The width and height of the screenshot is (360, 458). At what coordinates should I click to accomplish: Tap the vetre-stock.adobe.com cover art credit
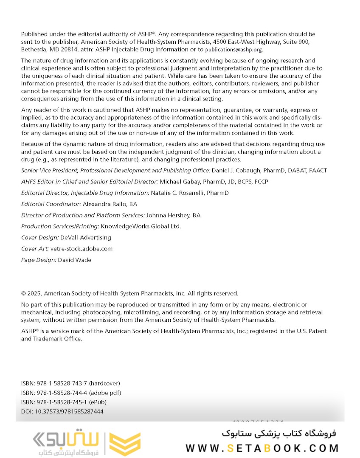[82, 249]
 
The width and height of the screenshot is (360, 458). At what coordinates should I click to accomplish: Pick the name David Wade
[75, 260]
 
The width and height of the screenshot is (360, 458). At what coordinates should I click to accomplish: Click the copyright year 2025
[34, 293]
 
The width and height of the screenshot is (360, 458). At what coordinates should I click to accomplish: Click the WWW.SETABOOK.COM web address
[262, 448]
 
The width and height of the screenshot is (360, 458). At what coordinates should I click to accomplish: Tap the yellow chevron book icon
[125, 444]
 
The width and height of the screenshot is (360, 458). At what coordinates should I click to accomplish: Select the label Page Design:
[39, 260]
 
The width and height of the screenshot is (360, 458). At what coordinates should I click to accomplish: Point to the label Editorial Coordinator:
[51, 204]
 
